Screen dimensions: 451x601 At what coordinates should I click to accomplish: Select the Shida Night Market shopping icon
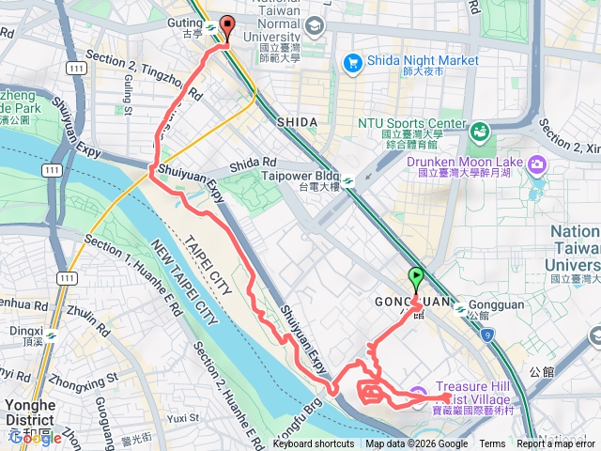pos(353,63)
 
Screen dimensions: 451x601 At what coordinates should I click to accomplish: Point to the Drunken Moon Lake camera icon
pos(538,164)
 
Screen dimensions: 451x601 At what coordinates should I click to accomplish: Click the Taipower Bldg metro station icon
pos(349,182)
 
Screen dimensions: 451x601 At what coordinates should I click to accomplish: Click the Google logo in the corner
pos(36,437)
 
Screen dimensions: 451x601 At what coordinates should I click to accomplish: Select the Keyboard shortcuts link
pos(314,444)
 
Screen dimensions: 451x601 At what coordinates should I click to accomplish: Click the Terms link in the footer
pos(492,444)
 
